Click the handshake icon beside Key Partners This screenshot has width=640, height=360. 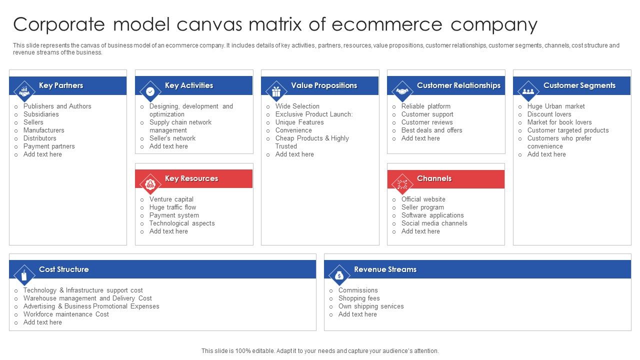point(24,91)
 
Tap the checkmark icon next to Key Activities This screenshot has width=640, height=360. point(150,91)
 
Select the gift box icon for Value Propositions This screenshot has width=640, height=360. point(276,91)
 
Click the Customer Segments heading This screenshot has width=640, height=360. point(579,85)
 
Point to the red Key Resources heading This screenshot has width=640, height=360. point(191,178)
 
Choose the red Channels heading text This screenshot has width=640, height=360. point(434,178)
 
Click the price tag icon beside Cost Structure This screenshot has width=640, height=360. point(24,275)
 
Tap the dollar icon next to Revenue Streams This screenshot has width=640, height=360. point(339,275)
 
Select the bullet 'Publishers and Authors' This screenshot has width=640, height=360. point(57,106)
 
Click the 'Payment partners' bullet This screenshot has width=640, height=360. point(49,146)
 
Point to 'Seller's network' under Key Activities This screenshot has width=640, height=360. point(172,138)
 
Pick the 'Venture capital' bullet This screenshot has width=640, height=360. point(171,199)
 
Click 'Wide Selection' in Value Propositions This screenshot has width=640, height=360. point(297,106)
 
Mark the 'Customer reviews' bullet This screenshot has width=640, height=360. point(426,122)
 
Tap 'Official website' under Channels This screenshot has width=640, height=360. point(423,199)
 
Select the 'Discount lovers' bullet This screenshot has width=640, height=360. point(549,114)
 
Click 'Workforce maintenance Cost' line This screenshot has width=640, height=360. point(66,314)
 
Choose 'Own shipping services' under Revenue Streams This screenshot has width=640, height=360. point(370,306)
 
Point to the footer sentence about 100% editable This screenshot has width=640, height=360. point(320,351)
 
